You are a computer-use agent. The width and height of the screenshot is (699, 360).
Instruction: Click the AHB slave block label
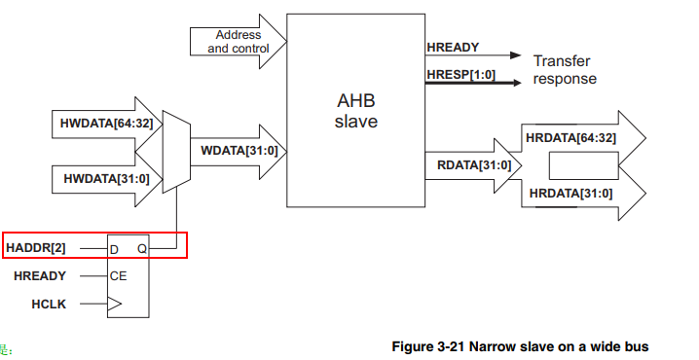click(355, 112)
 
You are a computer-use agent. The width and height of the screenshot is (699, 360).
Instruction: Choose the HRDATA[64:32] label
click(570, 137)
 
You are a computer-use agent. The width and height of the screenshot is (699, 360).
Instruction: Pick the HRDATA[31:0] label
click(570, 194)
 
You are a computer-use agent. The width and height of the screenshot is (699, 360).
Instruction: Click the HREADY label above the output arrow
click(453, 47)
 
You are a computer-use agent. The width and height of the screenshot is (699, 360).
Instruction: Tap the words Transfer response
click(564, 69)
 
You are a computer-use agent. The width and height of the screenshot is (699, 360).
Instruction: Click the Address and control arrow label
click(234, 41)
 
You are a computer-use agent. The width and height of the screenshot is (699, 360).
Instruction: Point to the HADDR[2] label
click(37, 248)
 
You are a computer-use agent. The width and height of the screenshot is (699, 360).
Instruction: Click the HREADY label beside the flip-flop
click(40, 276)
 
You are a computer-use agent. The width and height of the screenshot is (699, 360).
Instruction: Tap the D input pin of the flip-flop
click(114, 249)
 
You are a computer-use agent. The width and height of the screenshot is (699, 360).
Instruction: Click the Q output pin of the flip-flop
click(141, 249)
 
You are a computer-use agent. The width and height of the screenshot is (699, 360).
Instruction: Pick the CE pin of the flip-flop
click(118, 276)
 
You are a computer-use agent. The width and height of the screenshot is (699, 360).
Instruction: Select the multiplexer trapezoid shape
click(176, 151)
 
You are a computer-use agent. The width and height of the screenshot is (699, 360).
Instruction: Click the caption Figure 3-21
click(518, 346)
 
